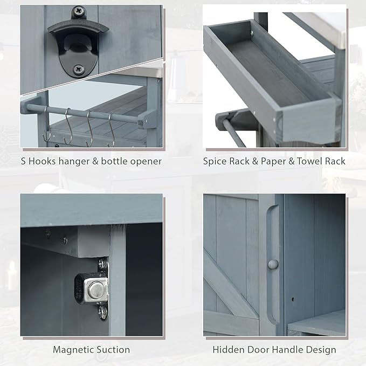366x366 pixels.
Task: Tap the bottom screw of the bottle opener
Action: click(79, 68)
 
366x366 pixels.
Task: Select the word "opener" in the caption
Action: click(146, 161)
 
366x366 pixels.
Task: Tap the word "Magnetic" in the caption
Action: click(73, 350)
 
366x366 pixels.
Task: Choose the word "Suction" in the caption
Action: click(112, 350)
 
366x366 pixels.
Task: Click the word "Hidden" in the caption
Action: click(227, 350)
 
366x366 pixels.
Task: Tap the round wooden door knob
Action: click(273, 264)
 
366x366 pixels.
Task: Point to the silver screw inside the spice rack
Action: click(251, 34)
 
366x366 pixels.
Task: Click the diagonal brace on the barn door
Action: click(229, 291)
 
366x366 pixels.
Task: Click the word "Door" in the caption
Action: click(256, 350)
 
